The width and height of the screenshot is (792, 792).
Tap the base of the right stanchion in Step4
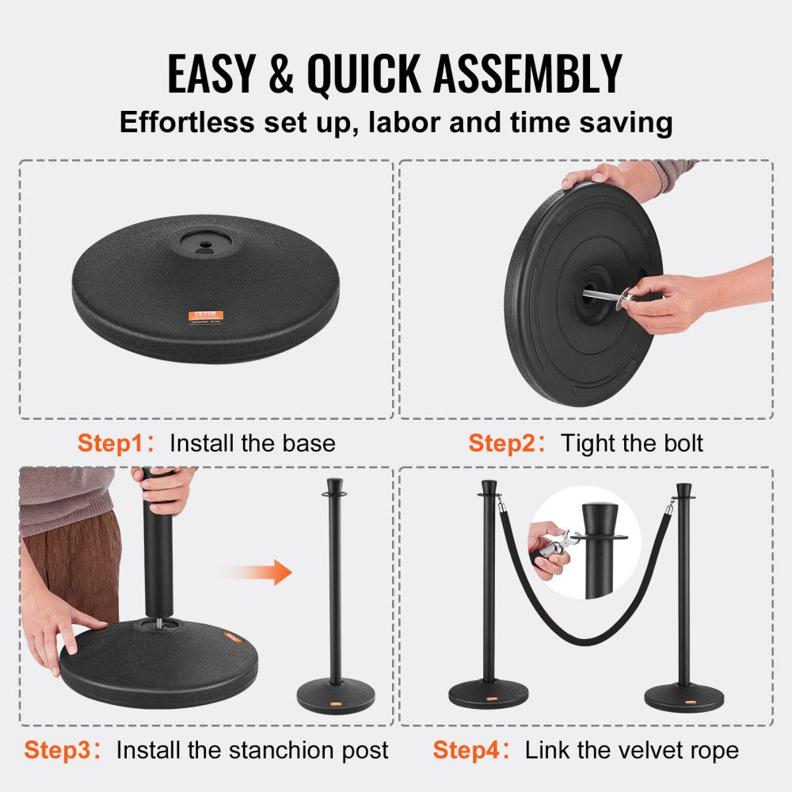[683, 698]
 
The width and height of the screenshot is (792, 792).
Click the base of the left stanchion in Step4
[489, 695]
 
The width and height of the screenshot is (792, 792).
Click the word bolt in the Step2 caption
[681, 443]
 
